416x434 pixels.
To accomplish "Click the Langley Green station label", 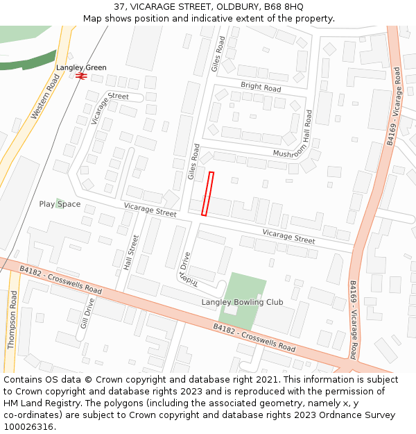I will tap(81, 67).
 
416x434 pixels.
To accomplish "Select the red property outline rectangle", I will tap(207, 194).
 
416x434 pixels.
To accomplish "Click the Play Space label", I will tap(60, 204).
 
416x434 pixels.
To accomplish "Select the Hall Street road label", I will tap(131, 252).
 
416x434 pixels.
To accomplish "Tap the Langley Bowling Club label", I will tap(242, 302).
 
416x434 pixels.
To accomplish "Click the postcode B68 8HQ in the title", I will tap(287, 6).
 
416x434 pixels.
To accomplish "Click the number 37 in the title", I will tap(120, 6).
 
